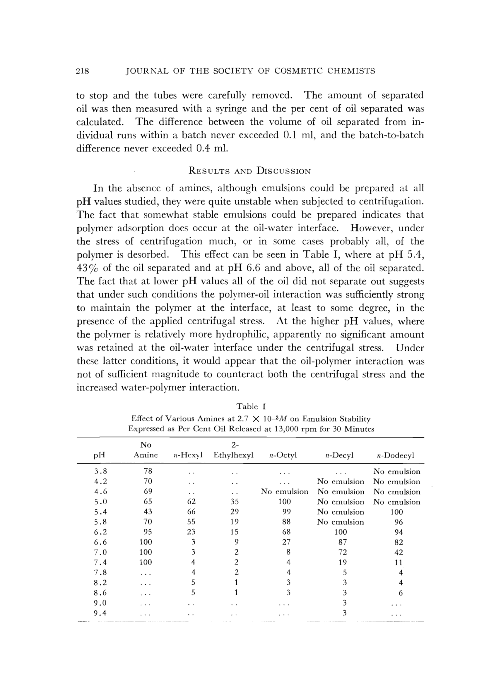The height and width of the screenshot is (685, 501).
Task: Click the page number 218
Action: [x=83, y=71]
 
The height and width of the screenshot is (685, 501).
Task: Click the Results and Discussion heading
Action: [x=249, y=171]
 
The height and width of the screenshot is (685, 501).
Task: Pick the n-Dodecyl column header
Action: [x=397, y=455]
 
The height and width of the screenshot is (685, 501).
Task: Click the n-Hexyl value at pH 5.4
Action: [x=191, y=512]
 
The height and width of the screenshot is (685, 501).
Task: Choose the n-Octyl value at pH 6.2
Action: [x=286, y=532]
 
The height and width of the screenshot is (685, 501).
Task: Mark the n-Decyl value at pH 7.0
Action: [x=342, y=552]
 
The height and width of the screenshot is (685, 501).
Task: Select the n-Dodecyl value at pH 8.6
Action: [x=400, y=593]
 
